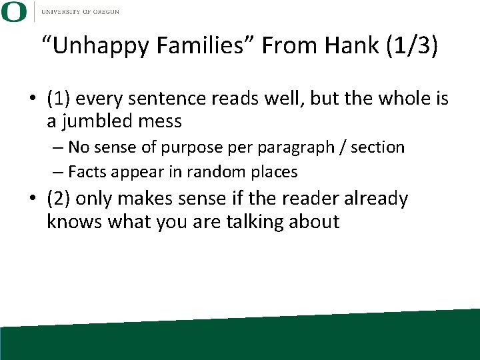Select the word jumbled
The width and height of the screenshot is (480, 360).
pos(95,122)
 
